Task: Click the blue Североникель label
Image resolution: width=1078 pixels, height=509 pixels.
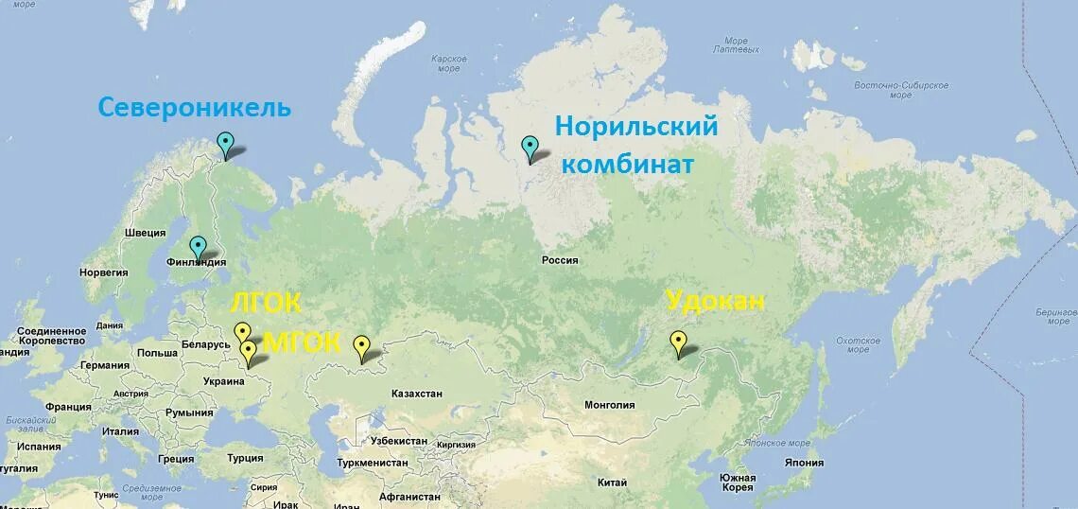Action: (195, 108)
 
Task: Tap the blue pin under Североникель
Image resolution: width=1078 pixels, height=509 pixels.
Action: (225, 144)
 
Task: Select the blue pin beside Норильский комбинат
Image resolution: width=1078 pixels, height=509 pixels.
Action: (530, 148)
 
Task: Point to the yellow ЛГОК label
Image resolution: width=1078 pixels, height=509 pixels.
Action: (266, 304)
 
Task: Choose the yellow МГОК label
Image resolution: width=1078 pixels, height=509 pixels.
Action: (302, 342)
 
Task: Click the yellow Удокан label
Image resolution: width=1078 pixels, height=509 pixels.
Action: (715, 302)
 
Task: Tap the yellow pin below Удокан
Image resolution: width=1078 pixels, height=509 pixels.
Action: (677, 342)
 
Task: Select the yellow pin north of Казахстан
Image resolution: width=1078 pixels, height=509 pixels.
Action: (361, 347)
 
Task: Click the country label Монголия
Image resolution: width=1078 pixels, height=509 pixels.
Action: (610, 405)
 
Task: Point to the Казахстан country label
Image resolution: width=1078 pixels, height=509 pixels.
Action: (417, 393)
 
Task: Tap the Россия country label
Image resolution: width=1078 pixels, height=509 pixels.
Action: (560, 260)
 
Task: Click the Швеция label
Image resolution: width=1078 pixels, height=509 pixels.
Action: (145, 233)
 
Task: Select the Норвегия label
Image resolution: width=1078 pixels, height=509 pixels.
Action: (103, 272)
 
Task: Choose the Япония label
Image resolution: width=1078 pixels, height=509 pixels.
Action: (804, 463)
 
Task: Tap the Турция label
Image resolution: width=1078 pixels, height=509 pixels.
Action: (245, 457)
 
